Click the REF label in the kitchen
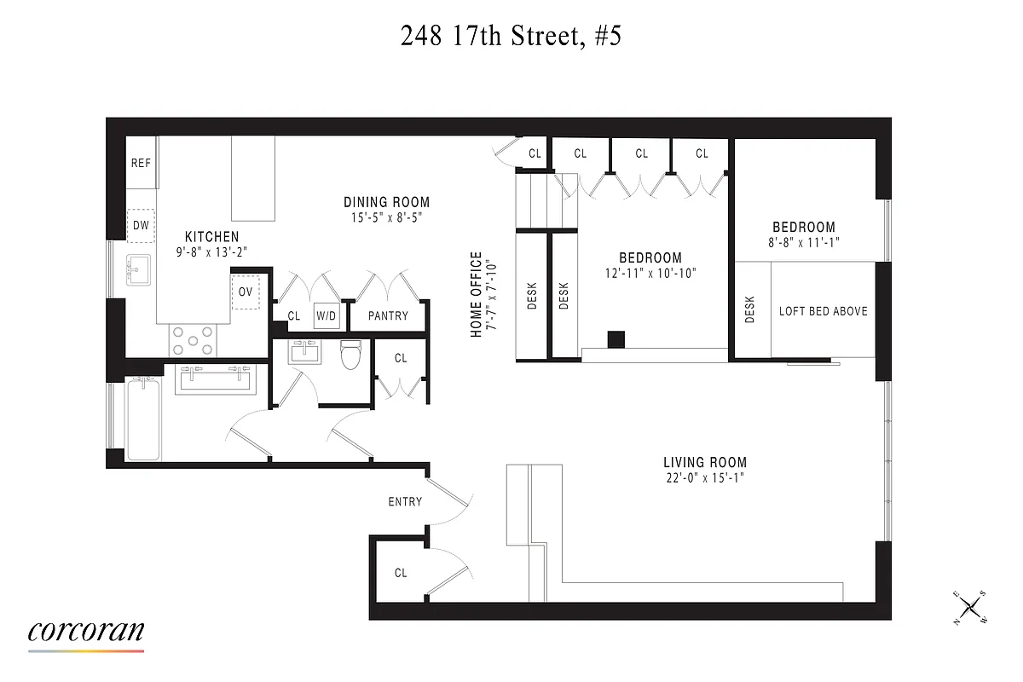point(141,162)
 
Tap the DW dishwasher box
point(141,225)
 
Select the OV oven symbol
point(246,292)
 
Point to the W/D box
point(326,315)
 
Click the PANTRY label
point(388,315)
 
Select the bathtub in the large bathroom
point(142,419)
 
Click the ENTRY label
point(405,501)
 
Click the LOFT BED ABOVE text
point(823,310)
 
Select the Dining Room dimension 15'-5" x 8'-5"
point(386,217)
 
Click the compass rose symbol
point(969,608)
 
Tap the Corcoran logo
point(86,633)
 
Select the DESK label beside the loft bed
point(749,310)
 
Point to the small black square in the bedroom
point(616,339)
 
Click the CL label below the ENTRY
point(401,573)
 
